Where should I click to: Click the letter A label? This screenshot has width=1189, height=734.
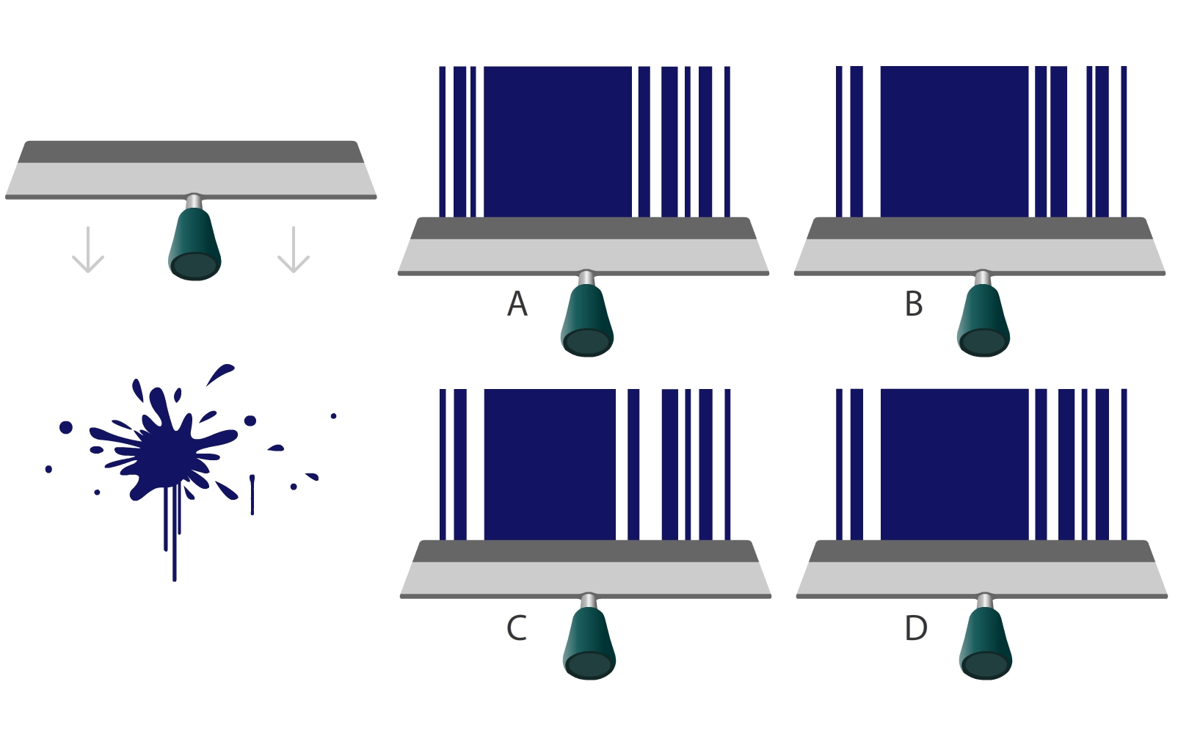coord(517,304)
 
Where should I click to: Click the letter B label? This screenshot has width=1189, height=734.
coord(914,304)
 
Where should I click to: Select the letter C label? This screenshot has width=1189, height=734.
coord(517,628)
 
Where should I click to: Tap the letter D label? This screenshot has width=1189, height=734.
coord(916,628)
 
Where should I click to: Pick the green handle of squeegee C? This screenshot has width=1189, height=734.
coord(589,644)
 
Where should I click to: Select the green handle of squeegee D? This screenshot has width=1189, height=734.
coord(986,644)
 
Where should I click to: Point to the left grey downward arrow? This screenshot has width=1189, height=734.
coord(88,250)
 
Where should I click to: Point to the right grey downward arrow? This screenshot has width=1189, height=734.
coord(294,250)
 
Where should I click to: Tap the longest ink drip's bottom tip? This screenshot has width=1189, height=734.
coord(175,579)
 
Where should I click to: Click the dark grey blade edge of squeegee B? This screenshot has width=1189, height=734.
coord(980,228)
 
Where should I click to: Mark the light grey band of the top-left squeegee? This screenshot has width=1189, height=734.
coord(191,178)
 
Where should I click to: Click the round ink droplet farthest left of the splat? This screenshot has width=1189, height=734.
coord(48,469)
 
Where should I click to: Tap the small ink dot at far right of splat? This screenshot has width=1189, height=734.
coord(333,416)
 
